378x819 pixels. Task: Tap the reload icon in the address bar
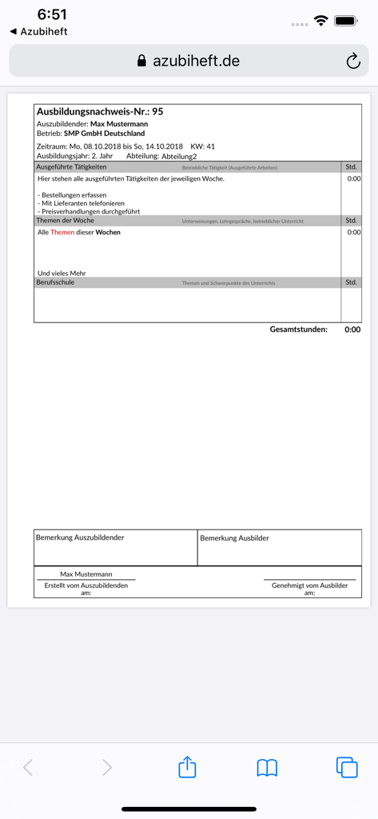click(353, 61)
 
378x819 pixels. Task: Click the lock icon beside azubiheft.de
click(142, 61)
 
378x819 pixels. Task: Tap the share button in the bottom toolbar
click(187, 767)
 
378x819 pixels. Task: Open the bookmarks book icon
click(267, 768)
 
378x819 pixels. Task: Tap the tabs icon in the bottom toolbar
click(347, 767)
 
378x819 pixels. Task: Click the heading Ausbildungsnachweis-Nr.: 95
click(100, 111)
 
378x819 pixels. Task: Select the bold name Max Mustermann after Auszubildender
click(119, 124)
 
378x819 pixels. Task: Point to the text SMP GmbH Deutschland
click(105, 134)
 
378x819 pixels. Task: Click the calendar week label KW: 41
click(202, 146)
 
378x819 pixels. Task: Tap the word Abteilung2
click(179, 157)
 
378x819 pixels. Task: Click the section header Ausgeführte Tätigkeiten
click(71, 167)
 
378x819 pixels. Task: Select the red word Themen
click(62, 232)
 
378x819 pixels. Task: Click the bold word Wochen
click(108, 232)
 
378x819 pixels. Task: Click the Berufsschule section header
click(55, 282)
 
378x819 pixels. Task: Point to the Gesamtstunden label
click(298, 330)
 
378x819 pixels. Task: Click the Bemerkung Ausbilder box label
click(234, 538)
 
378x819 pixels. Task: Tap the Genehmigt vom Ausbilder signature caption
click(309, 585)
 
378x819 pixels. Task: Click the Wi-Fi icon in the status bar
click(321, 20)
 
